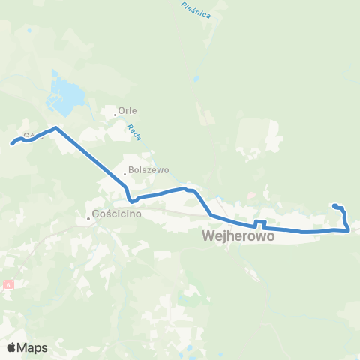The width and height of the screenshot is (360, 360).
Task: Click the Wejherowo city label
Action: coord(237,236)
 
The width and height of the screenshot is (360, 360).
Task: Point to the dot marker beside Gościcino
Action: coord(88,219)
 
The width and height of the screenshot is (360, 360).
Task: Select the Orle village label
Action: coord(127,109)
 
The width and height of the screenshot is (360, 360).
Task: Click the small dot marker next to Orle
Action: coord(115,115)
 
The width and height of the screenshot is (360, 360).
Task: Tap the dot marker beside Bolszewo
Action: coord(125,175)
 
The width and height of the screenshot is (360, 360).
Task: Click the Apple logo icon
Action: coord(12,347)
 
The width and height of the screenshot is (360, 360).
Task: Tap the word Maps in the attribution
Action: coord(33,347)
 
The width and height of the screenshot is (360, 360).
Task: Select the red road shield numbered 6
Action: coord(8,285)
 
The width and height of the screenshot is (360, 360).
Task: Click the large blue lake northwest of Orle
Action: coord(62,94)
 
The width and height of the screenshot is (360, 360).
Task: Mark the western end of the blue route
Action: coord(12,143)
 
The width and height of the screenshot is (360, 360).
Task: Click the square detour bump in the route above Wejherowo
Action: coord(259,222)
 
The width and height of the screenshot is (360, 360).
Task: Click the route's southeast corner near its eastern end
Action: coord(348,230)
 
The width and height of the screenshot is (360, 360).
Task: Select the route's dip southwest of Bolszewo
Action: coord(131,200)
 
